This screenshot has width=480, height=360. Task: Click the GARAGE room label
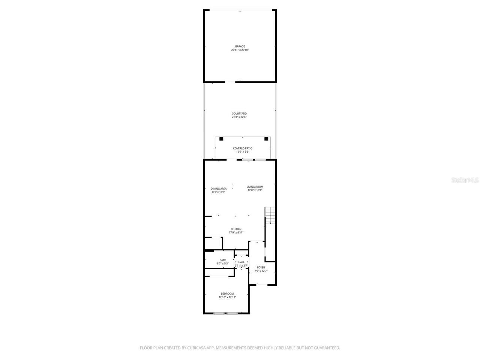240,46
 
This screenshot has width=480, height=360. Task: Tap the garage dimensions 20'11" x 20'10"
240,50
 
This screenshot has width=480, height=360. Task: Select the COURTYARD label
239,114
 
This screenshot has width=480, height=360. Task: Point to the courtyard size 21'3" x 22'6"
239,117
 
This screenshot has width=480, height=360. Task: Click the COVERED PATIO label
243,148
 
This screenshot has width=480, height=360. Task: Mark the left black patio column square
221,139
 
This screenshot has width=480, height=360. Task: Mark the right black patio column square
266,139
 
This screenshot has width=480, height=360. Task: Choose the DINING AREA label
219,189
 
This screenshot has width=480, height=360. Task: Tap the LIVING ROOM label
255,187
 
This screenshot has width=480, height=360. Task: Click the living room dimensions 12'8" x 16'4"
255,190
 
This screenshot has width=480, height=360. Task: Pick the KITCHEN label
236,229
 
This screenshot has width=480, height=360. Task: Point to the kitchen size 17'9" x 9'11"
236,232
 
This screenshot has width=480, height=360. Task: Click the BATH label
223,260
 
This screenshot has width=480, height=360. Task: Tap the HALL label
241,262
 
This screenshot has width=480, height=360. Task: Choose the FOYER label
261,267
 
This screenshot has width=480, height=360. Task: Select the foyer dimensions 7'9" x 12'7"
261,271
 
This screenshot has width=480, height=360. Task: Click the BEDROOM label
227,294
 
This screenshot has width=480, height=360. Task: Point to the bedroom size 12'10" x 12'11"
227,297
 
